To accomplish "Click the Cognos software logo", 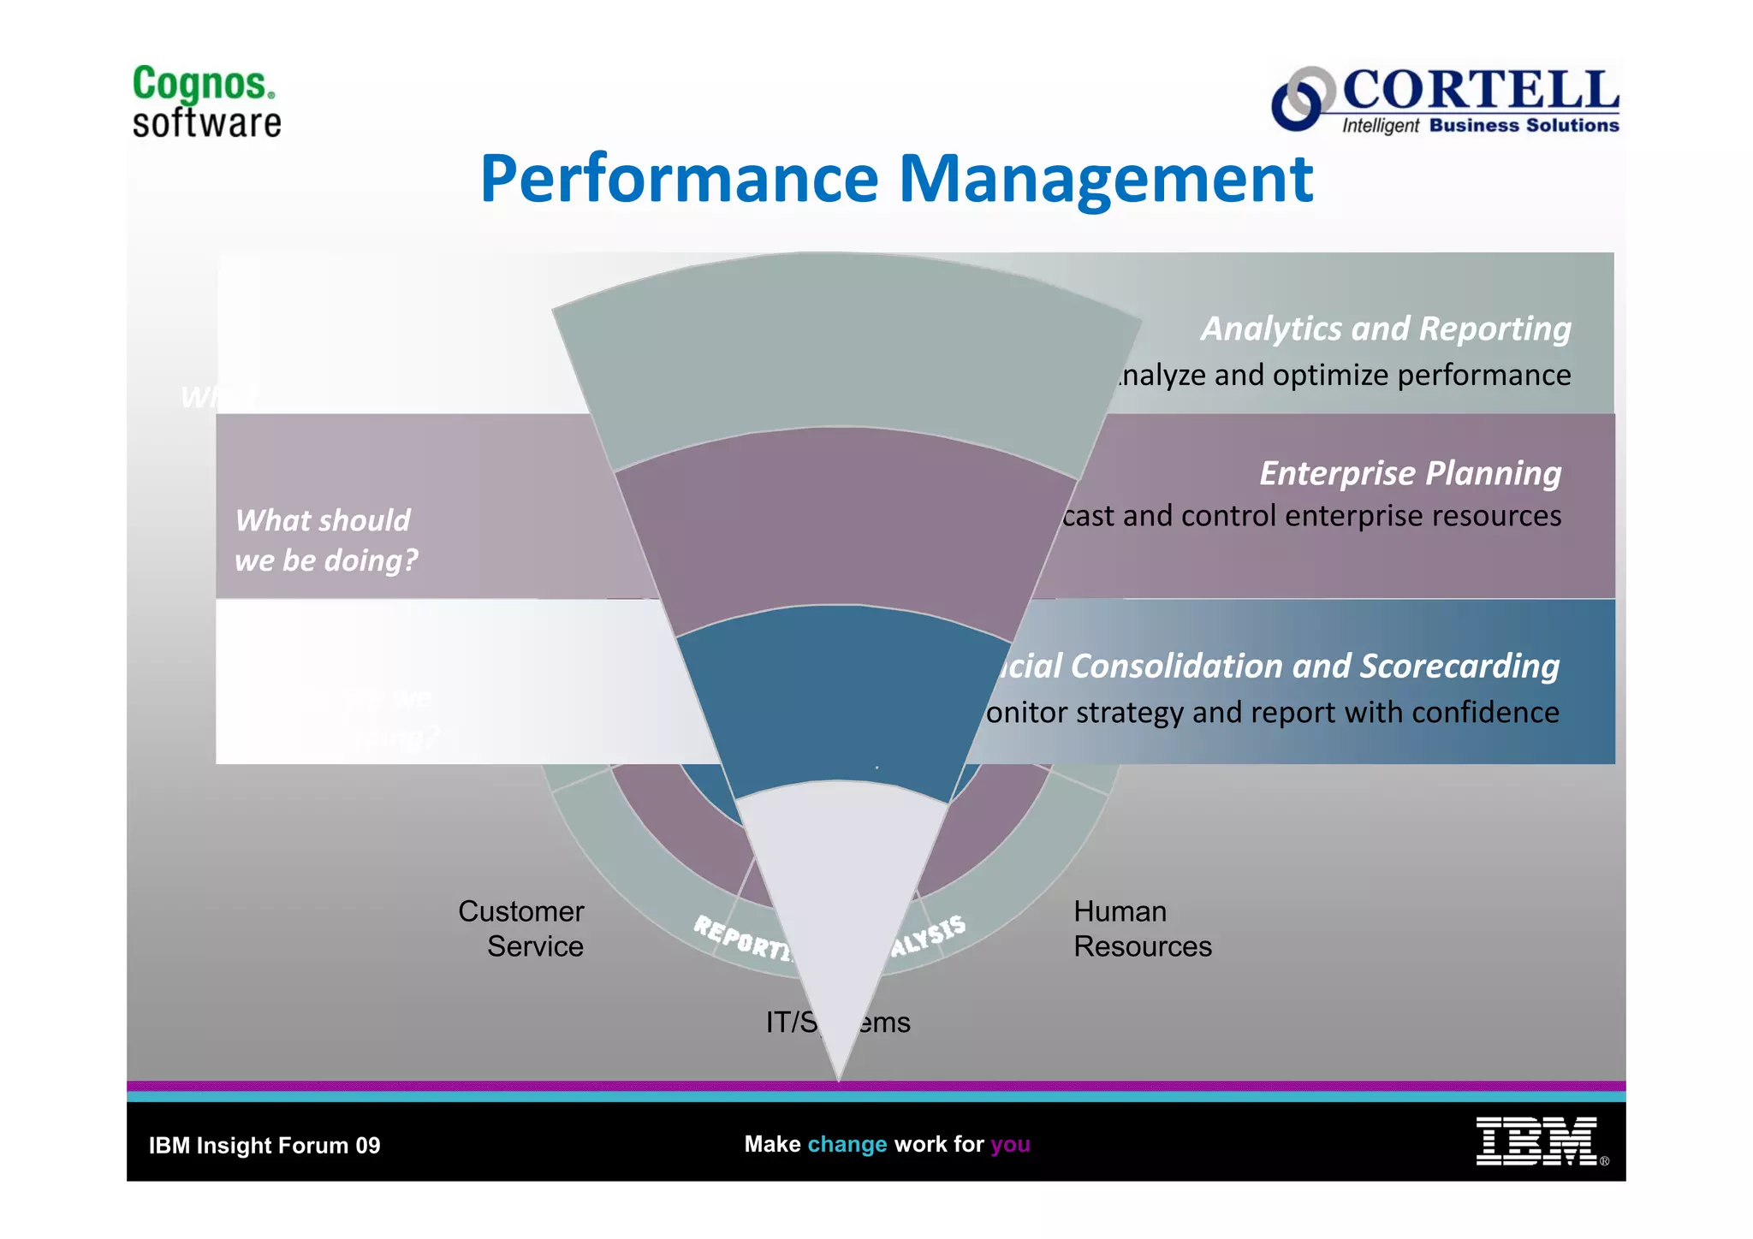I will click(x=206, y=102).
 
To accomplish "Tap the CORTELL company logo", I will click(x=1445, y=101).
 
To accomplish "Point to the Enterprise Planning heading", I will click(x=1410, y=473).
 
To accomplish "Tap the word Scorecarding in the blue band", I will click(x=1459, y=666).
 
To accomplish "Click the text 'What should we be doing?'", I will click(x=325, y=540).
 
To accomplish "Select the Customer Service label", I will click(x=521, y=928).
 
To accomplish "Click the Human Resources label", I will click(x=1141, y=928).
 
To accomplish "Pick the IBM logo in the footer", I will click(x=1536, y=1141).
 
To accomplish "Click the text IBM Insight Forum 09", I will click(x=264, y=1146).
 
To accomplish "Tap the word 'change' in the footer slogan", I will click(x=847, y=1145).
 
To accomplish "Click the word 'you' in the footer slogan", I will click(x=1010, y=1145).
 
